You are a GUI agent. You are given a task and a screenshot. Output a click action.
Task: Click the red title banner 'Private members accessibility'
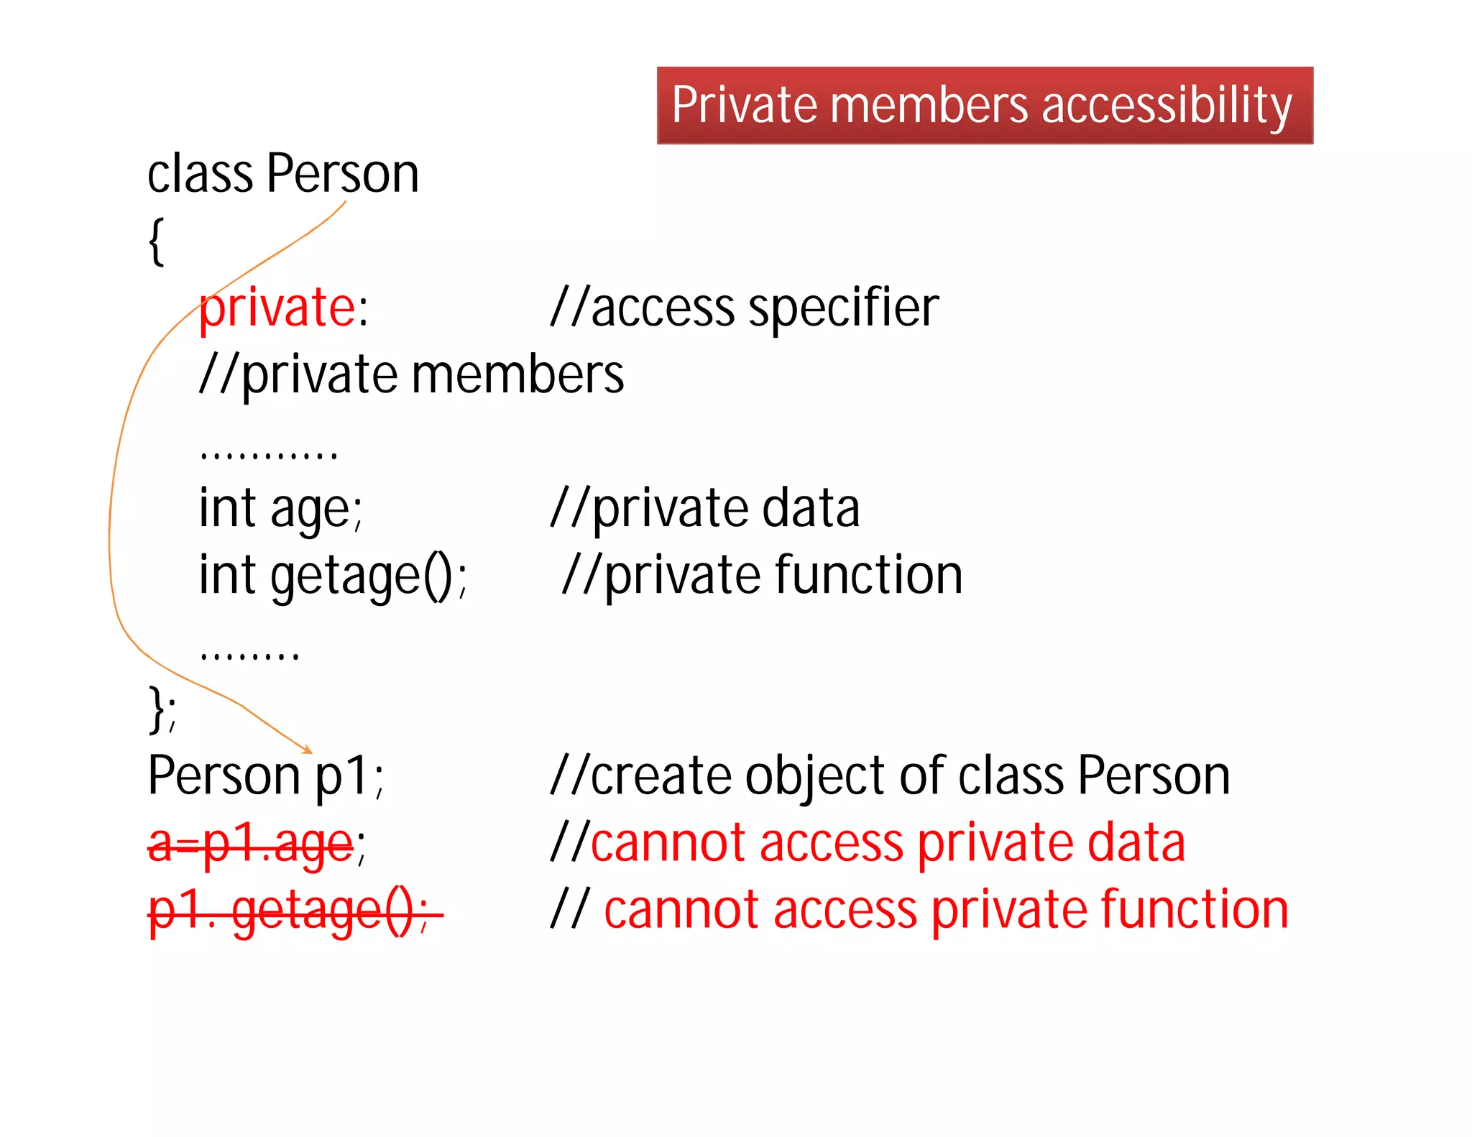point(985,106)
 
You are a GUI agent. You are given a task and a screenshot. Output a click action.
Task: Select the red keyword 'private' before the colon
point(277,308)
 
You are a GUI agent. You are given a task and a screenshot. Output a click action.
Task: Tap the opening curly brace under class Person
point(156,241)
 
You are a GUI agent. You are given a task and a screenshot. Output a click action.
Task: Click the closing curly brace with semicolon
point(162,710)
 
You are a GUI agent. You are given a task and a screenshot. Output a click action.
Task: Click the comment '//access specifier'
point(744,308)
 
